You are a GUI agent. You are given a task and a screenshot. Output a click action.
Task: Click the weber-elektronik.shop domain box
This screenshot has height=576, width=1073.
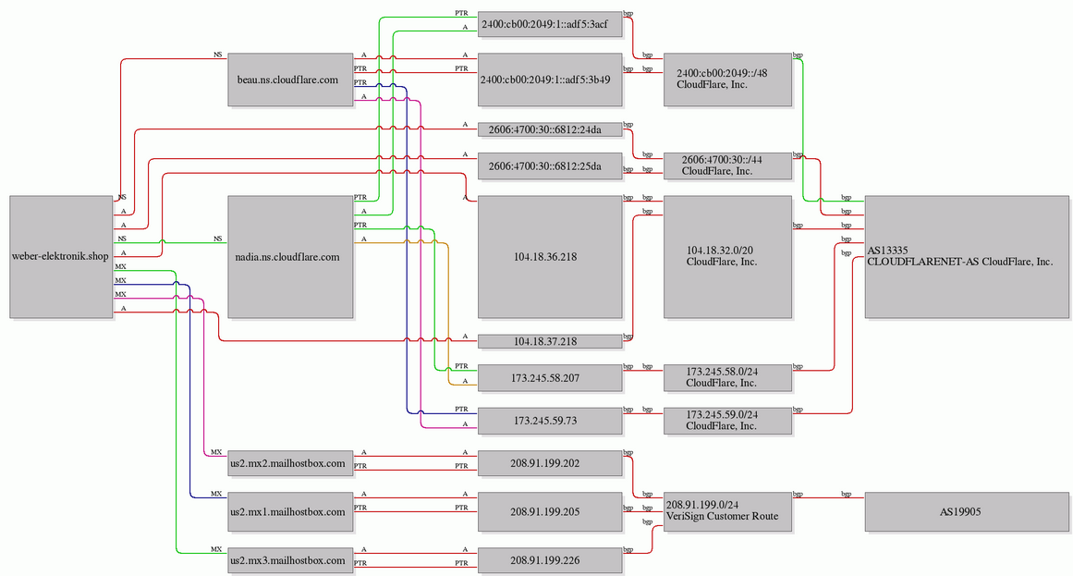(61, 257)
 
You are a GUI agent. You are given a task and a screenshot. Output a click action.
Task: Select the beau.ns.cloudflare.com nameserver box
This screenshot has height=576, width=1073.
(290, 80)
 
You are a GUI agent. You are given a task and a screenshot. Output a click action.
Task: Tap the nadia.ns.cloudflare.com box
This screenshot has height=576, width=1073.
(290, 257)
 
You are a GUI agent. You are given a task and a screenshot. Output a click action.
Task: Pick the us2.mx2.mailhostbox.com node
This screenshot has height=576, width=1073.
(290, 463)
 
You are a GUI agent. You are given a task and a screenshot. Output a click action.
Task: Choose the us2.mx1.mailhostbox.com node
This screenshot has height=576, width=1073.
(290, 511)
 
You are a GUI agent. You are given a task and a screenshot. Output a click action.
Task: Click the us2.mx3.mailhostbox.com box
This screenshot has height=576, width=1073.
(290, 560)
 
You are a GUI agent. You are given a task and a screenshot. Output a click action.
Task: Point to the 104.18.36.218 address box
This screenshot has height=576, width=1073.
(550, 257)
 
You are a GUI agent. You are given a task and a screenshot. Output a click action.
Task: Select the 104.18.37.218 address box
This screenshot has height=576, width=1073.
(550, 341)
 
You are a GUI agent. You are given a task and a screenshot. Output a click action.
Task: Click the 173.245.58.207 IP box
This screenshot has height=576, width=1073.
(550, 378)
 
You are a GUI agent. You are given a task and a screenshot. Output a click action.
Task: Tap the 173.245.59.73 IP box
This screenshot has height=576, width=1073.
(550, 421)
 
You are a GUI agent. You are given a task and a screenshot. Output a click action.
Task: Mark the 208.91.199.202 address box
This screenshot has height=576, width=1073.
(550, 463)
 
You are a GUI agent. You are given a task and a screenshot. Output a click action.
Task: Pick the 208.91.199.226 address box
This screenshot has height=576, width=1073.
(550, 560)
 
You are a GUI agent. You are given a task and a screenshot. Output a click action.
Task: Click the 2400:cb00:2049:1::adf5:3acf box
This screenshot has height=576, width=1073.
(550, 24)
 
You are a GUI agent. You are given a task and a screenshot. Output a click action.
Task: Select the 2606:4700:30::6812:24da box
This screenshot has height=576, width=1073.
(550, 129)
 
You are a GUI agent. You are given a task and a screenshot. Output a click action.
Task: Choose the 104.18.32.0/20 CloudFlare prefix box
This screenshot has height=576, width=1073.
(727, 257)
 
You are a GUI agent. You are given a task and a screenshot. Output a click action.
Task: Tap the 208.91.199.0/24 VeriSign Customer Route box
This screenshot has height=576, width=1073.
(727, 511)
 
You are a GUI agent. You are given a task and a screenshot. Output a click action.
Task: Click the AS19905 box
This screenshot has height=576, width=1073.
(966, 511)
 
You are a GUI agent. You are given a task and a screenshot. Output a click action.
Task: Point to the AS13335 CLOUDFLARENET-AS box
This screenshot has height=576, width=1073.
(966, 257)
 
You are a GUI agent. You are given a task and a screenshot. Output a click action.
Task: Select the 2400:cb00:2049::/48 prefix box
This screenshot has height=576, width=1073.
(727, 80)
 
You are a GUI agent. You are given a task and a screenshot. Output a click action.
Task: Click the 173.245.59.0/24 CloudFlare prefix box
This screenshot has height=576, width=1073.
(727, 421)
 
